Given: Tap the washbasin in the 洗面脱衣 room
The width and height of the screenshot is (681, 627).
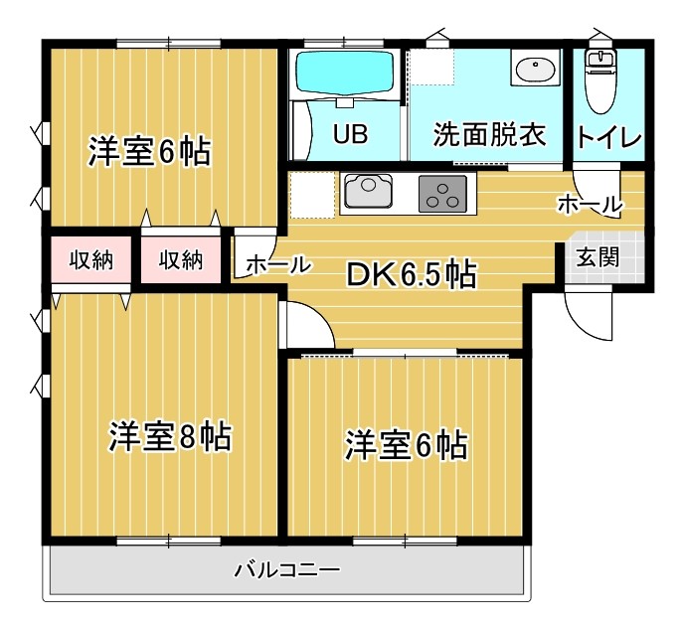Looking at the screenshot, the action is tap(536, 69).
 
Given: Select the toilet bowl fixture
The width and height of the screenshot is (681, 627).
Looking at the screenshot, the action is tap(599, 80).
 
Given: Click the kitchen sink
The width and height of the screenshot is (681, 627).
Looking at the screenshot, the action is tap(369, 191).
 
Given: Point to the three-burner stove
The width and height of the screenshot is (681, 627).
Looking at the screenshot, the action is tap(442, 194).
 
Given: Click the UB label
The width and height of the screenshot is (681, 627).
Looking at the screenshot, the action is tap(351, 134).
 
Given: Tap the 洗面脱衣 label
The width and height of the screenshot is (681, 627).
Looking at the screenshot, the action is tap(489, 134).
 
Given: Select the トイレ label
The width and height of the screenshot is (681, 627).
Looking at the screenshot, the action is tap(608, 138).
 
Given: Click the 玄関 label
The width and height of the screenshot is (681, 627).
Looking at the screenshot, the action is tap(597, 257).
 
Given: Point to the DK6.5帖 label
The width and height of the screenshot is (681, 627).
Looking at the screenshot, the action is tap(411, 274).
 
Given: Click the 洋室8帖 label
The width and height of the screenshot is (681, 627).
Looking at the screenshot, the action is tap(170, 436).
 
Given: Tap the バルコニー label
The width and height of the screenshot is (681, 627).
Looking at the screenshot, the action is tap(286, 569).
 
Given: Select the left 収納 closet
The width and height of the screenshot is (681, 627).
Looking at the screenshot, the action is tap(91, 260).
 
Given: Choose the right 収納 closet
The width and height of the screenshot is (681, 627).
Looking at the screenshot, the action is tap(181, 260).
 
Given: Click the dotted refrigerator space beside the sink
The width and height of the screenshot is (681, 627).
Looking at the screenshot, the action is tap(312, 195).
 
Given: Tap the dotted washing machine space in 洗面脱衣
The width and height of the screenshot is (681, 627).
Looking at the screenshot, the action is tap(432, 67).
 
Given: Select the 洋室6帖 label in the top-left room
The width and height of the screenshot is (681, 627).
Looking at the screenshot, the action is tap(150, 151).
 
